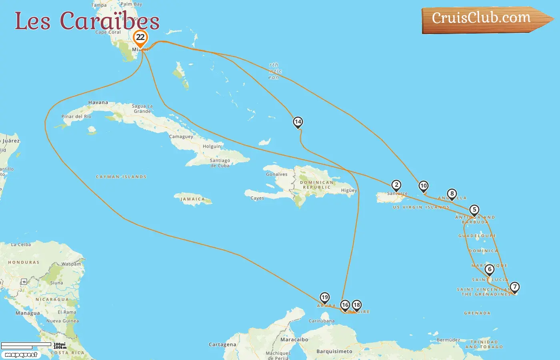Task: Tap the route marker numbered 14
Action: [298, 122]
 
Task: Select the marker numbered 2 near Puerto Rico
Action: [396, 185]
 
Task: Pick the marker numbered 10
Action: [423, 186]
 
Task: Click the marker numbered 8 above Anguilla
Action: [452, 194]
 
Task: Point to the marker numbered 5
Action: [474, 210]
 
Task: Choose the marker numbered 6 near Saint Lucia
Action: [489, 270]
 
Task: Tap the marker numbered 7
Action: [515, 287]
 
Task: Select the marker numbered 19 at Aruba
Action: [325, 298]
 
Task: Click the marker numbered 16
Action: [345, 305]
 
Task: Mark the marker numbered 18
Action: [357, 305]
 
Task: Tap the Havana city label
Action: [98, 102]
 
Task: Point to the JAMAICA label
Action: [192, 199]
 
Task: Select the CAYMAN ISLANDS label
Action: [121, 177]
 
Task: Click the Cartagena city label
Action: [222, 344]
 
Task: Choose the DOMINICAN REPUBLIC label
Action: [317, 185]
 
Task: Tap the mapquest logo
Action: [21, 355]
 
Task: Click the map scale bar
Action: [26, 345]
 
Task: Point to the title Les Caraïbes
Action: [87, 21]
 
